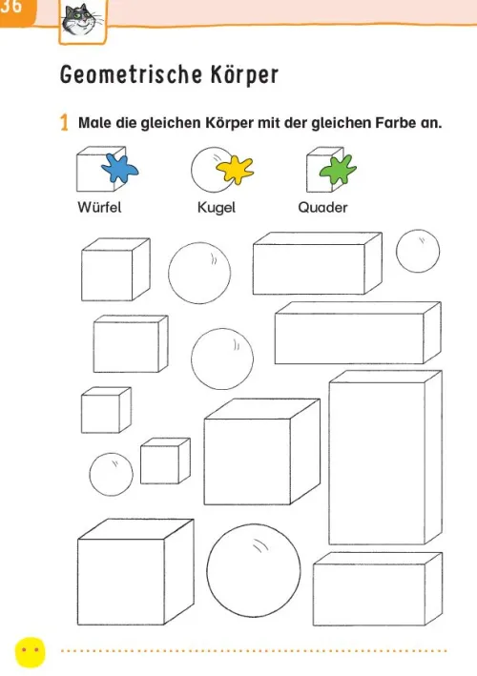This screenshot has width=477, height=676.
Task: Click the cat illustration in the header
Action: click(x=82, y=21)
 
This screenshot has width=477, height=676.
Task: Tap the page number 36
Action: click(x=10, y=8)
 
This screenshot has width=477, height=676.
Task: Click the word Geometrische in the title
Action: click(x=131, y=74)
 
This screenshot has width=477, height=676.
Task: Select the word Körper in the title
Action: click(x=244, y=74)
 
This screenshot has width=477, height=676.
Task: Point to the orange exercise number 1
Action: click(x=64, y=122)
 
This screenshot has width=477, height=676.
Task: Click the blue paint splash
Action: click(x=119, y=168)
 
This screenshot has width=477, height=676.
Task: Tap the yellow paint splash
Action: click(x=235, y=170)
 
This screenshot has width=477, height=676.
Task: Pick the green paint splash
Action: click(x=338, y=169)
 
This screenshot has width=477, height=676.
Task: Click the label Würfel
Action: click(x=99, y=207)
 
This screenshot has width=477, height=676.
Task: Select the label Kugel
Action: click(x=217, y=208)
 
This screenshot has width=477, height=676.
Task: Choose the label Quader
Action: click(x=322, y=207)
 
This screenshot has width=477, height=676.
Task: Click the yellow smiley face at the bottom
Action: click(x=31, y=652)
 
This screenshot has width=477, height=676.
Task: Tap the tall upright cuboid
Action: click(x=385, y=458)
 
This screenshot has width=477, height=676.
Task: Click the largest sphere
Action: click(x=254, y=570)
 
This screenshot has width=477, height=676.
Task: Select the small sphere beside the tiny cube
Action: click(x=112, y=474)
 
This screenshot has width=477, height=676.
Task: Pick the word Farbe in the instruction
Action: click(x=396, y=123)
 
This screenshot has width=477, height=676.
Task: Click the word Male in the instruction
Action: click(x=94, y=123)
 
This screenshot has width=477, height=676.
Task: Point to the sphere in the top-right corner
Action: click(x=418, y=251)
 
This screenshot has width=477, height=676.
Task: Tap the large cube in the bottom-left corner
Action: click(x=135, y=572)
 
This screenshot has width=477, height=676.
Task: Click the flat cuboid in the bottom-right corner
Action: click(x=378, y=589)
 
